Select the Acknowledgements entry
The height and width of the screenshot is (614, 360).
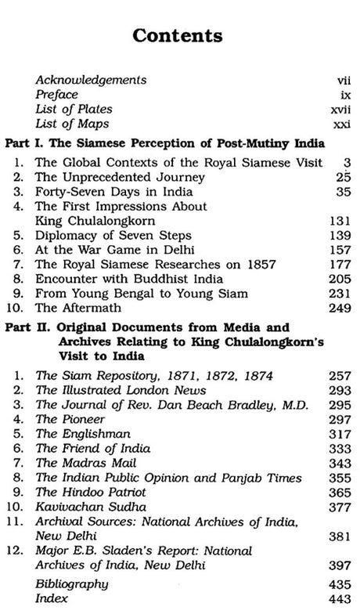[x=91, y=80]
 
